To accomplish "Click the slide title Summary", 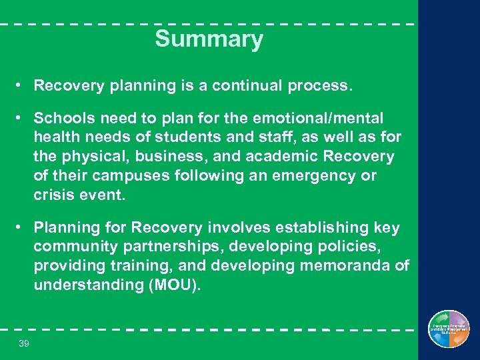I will point(209,39).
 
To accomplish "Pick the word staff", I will point(276,138).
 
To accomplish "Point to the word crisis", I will point(53,196).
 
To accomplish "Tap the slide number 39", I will point(24,343).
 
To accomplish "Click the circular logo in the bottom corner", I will point(449,329).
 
